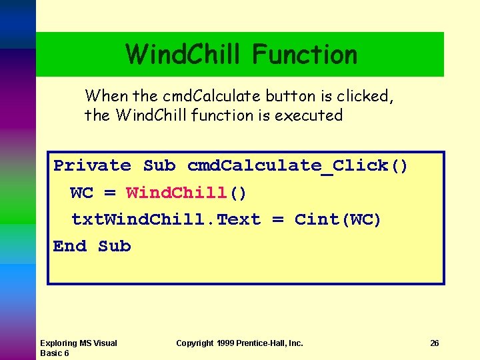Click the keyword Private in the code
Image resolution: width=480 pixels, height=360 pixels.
point(92,165)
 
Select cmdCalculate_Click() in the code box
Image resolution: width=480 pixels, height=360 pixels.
point(297,165)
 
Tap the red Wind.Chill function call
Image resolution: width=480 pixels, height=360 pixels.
point(177,193)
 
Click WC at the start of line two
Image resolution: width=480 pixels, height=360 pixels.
point(81,193)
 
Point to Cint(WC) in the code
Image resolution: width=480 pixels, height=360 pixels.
point(338,219)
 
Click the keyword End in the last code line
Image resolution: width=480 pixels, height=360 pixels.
point(70,246)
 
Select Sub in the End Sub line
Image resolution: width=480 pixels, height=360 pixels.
point(114,246)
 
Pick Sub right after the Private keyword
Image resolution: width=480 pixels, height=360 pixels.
point(159,165)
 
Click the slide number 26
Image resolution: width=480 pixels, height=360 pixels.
point(435,343)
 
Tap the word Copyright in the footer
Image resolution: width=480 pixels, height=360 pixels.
point(195,343)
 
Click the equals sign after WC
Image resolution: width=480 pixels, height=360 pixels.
point(110,193)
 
